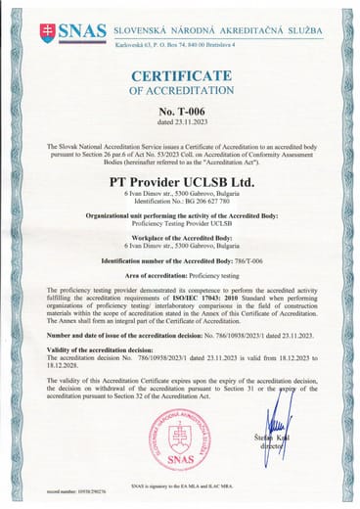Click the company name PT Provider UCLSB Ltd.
pyautogui.click(x=179, y=181)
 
